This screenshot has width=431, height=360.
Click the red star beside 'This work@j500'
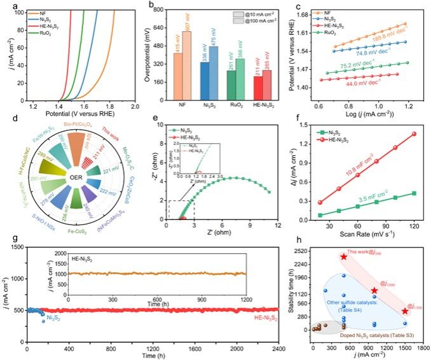343,256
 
